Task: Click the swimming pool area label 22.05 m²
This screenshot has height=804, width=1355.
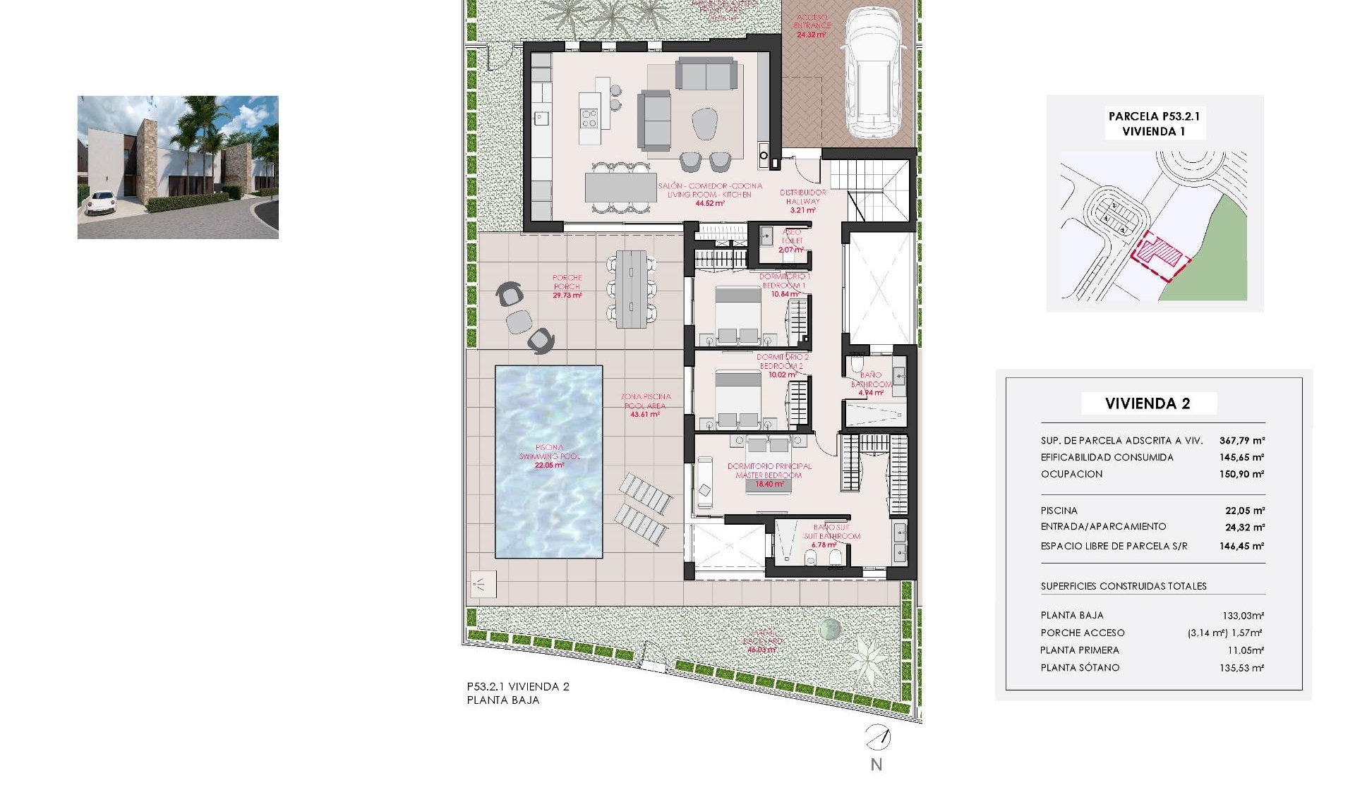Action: click(549, 465)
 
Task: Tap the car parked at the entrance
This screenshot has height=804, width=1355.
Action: click(874, 74)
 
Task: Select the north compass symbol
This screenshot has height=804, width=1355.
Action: click(877, 738)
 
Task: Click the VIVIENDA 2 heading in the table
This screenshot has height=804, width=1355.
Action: click(1148, 404)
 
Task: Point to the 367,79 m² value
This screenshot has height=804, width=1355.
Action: click(1241, 441)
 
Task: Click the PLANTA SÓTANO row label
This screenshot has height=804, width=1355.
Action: click(1080, 668)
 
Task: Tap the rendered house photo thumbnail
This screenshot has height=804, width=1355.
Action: click(178, 167)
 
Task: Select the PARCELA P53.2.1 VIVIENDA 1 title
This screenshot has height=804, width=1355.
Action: click(1154, 123)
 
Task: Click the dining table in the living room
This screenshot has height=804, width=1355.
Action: click(620, 188)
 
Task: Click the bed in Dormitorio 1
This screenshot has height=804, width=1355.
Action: click(738, 315)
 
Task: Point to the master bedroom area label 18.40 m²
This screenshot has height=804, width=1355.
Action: click(769, 485)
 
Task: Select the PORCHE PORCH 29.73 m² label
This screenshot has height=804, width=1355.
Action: click(567, 287)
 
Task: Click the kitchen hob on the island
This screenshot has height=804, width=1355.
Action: click(589, 118)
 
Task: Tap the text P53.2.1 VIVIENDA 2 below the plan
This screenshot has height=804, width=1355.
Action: click(518, 686)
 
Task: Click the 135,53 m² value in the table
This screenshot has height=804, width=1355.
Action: click(1241, 668)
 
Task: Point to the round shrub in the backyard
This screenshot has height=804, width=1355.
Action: click(830, 628)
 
